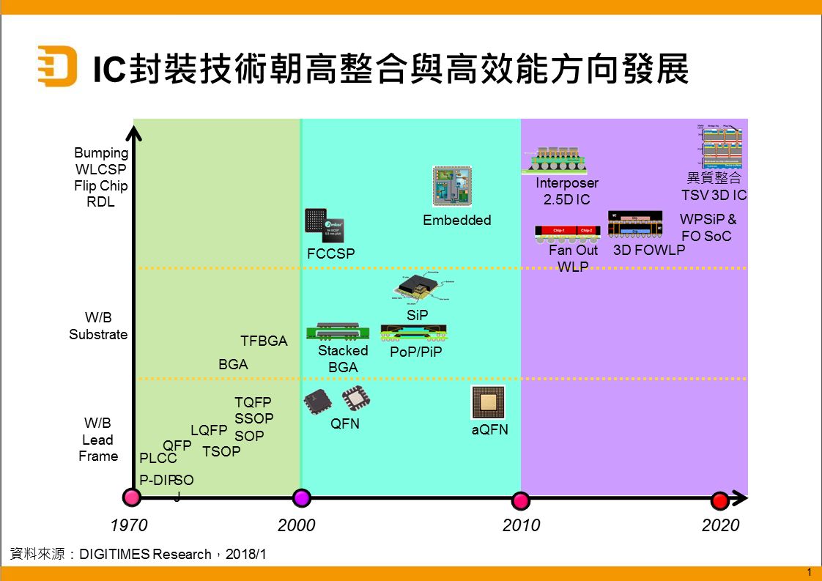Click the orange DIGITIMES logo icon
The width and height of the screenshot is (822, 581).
(56, 65)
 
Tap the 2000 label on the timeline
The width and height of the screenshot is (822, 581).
(297, 525)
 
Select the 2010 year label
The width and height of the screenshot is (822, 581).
(521, 525)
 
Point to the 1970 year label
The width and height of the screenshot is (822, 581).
(129, 525)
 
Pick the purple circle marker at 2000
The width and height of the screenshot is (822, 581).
(301, 498)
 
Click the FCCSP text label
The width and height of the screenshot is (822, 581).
(330, 254)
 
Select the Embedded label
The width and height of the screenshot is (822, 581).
(457, 220)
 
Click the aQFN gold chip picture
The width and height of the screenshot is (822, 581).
(488, 401)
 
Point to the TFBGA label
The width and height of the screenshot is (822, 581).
(264, 341)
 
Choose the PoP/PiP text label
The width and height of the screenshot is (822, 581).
(415, 352)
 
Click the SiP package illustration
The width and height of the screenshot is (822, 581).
(420, 289)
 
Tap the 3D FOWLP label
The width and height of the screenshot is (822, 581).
(649, 250)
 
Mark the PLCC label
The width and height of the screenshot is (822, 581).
(158, 459)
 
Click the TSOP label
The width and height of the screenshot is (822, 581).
(221, 451)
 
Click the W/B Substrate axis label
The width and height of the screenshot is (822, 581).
(98, 326)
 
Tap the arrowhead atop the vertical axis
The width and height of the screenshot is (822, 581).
(133, 133)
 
